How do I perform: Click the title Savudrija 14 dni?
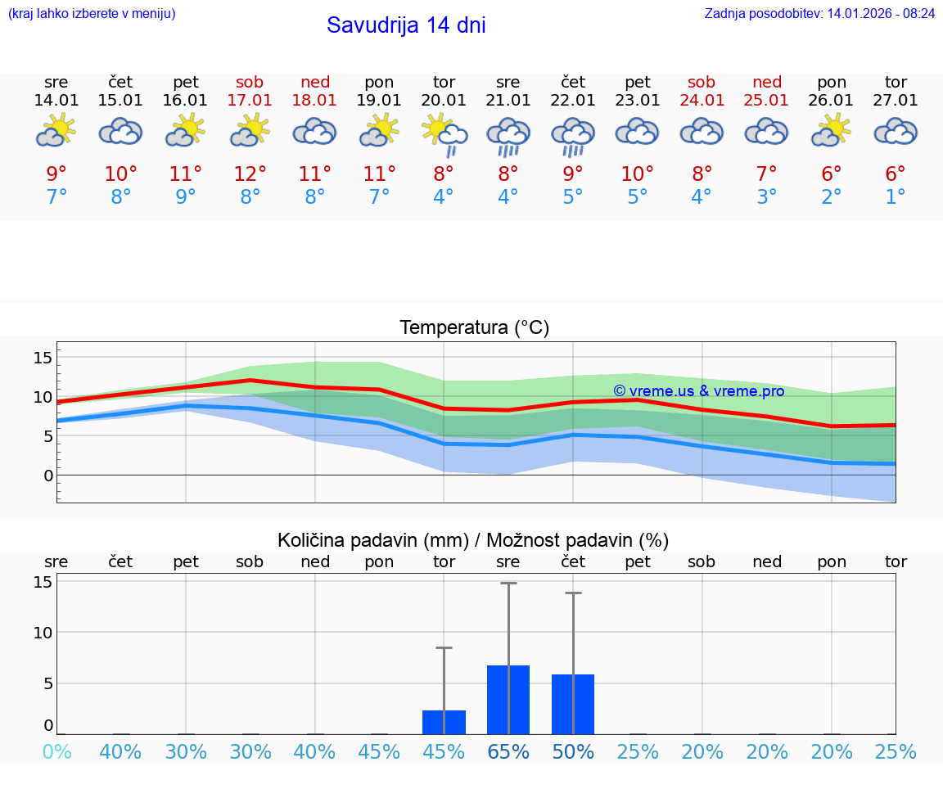pos(406,25)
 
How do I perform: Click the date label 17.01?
pos(250,101)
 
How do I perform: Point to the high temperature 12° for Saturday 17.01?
pos(250,174)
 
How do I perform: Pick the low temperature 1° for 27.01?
pos(896,197)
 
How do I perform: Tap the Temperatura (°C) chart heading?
pos(474,328)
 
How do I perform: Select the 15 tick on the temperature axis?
pos(43,358)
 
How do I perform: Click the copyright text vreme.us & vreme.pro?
pos(699,391)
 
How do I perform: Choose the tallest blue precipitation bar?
pos(508,700)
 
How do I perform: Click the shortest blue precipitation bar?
pos(444,722)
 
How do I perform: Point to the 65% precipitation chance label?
pos(508,752)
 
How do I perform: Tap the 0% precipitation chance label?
pos(56,752)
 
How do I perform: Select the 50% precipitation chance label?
pos(572,752)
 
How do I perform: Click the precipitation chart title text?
pos(473,540)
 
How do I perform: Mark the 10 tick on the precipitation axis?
pos(43,633)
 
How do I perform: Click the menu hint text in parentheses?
pos(91,14)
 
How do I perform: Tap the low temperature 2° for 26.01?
pos(831,197)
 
